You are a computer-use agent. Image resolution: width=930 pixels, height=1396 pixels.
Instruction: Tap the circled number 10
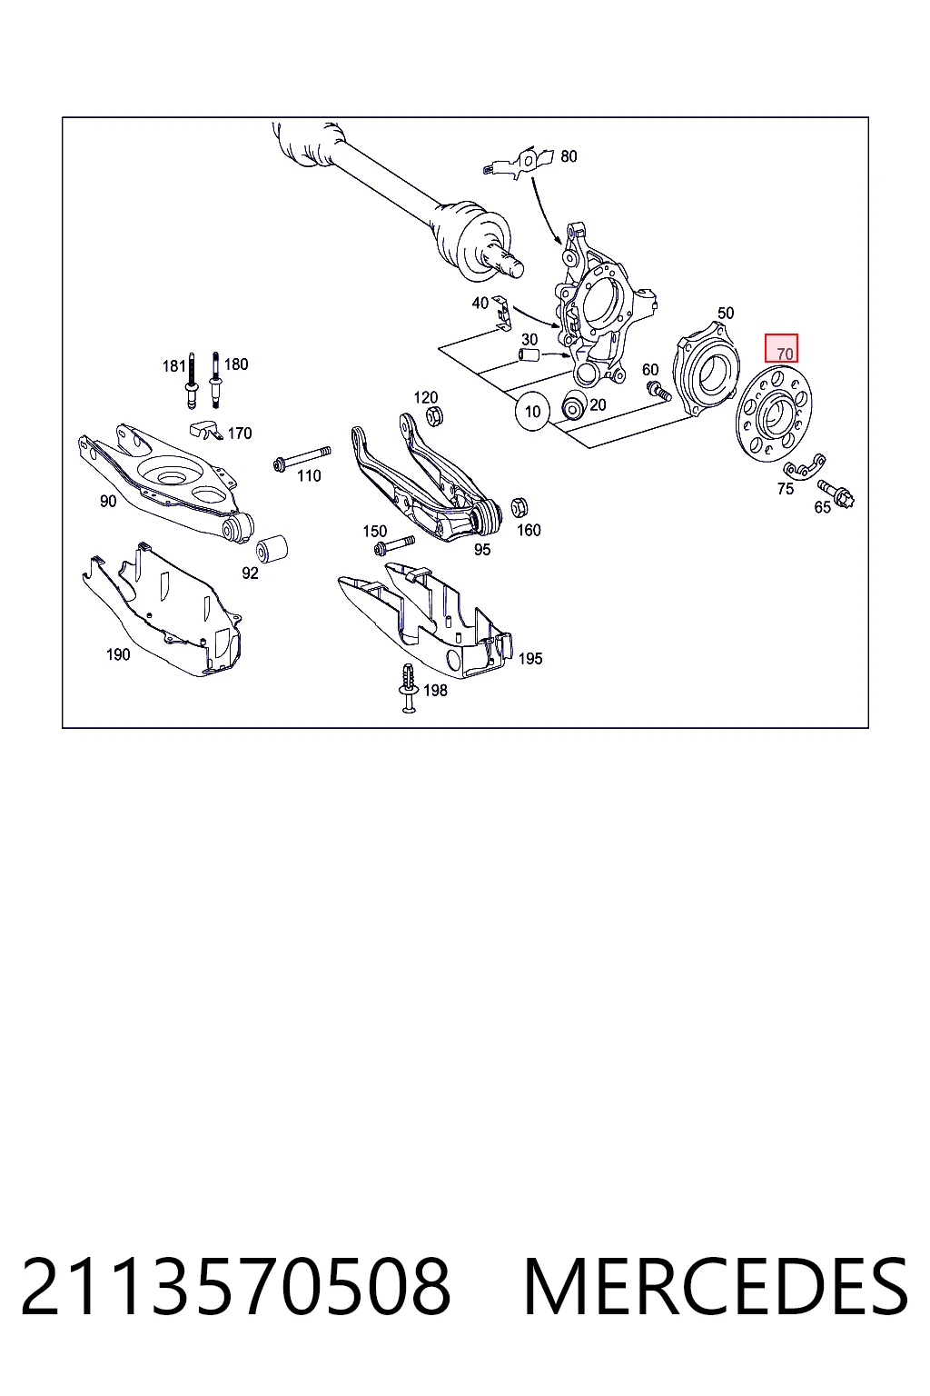(532, 412)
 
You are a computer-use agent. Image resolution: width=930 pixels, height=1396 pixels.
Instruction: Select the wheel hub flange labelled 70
(775, 415)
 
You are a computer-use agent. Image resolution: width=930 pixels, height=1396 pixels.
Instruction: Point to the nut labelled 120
(436, 415)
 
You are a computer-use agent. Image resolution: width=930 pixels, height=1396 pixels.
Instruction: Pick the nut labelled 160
(519, 508)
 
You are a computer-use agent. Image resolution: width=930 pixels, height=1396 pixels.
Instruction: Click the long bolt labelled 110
(302, 457)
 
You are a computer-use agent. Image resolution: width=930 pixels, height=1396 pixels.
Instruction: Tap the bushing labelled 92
(272, 548)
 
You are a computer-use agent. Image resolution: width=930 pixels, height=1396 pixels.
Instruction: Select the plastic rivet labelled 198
(409, 688)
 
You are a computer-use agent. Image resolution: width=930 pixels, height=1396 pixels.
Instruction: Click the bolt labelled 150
(393, 544)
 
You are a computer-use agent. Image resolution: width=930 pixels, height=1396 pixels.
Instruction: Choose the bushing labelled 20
(572, 405)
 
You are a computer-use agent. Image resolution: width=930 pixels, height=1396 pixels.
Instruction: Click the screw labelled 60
(658, 392)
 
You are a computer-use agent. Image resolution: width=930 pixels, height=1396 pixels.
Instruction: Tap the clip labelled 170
(206, 429)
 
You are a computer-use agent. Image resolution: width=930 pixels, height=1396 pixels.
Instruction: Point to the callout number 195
(530, 658)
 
